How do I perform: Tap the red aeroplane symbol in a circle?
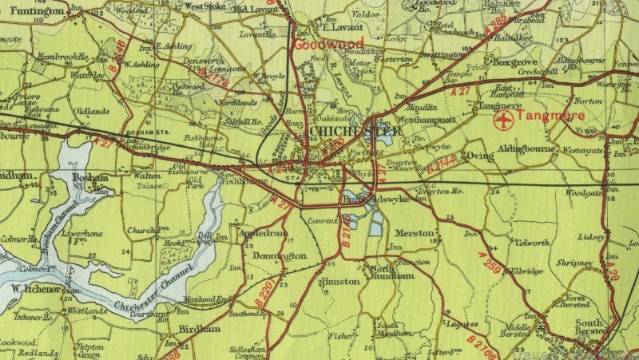coord(502,121)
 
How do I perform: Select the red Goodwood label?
coord(328,43)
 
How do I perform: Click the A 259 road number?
coord(490,263)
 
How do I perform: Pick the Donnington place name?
coord(279,255)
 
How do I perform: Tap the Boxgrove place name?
coord(513,61)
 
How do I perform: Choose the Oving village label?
coord(476,155)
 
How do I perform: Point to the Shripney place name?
coord(575,262)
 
